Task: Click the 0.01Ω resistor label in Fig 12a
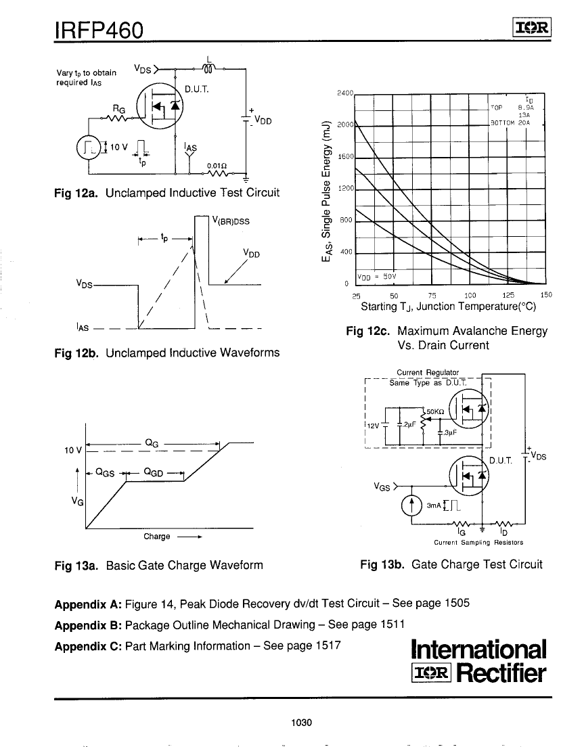tap(216, 164)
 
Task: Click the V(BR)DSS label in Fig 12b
tap(231, 221)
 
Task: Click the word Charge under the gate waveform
tap(157, 537)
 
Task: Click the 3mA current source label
tap(433, 505)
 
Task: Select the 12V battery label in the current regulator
tap(372, 426)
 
